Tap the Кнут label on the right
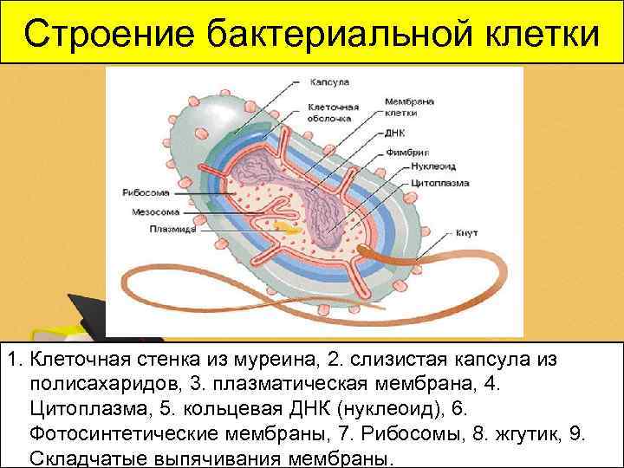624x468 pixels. pos(465,233)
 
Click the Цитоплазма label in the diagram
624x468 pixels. pos(427,184)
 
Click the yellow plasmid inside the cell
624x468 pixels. pos(283,226)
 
